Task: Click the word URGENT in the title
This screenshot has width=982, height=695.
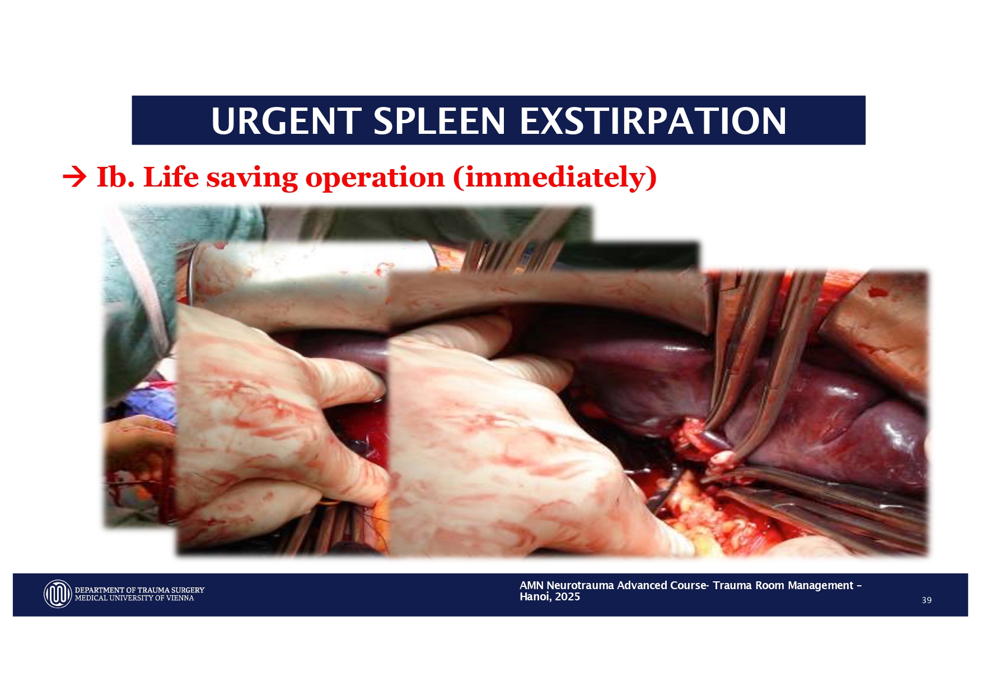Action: click(x=286, y=120)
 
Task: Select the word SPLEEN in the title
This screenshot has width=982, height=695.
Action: click(x=439, y=120)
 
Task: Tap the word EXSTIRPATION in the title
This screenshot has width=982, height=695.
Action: click(x=653, y=120)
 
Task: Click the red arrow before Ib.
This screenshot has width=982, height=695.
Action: click(x=74, y=178)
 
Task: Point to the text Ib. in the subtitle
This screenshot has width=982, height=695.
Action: click(x=115, y=177)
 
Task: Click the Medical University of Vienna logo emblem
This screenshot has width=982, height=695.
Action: click(x=58, y=594)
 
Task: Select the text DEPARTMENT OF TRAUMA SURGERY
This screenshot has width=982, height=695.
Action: click(x=139, y=590)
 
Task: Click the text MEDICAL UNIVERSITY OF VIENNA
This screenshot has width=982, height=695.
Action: click(x=134, y=598)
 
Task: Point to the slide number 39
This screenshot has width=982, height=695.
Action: click(x=927, y=600)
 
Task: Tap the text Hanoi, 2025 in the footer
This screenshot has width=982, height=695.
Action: click(x=550, y=597)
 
